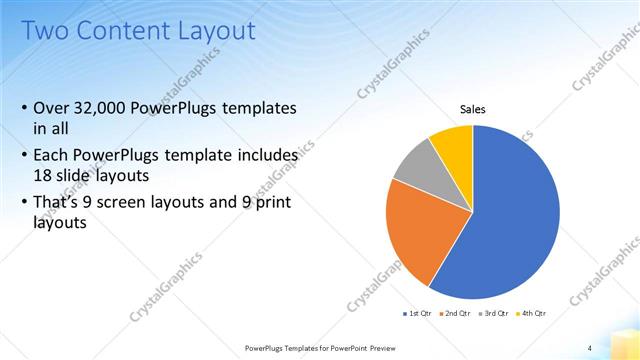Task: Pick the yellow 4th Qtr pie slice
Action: pos(453,144)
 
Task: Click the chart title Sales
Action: pos(473,108)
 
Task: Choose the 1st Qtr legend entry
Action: pos(419,313)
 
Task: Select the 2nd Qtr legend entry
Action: pos(458,313)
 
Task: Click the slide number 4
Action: pos(590,347)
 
